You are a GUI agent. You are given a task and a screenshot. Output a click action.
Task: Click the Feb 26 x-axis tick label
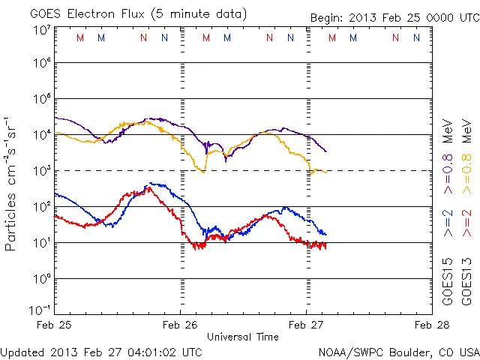tap(180, 325)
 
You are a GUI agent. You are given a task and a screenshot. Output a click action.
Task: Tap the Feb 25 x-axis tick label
tap(55, 325)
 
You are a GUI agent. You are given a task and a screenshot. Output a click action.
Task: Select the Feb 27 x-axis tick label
tap(306, 325)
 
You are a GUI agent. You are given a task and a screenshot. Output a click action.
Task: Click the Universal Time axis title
tap(243, 337)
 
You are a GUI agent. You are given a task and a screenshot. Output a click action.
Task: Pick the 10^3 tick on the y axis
tap(41, 170)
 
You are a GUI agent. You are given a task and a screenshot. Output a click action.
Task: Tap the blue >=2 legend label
tap(448, 223)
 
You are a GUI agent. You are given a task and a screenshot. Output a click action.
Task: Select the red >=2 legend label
tap(466, 223)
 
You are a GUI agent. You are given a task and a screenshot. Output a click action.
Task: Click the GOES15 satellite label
tap(448, 280)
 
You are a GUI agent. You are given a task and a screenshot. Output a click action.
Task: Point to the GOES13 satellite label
tap(466, 280)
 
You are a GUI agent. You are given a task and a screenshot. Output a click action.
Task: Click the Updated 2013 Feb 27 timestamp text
tap(101, 352)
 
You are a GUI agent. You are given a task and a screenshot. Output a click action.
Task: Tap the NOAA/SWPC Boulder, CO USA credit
tap(398, 352)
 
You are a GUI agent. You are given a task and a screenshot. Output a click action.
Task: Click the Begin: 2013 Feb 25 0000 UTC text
tap(394, 17)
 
